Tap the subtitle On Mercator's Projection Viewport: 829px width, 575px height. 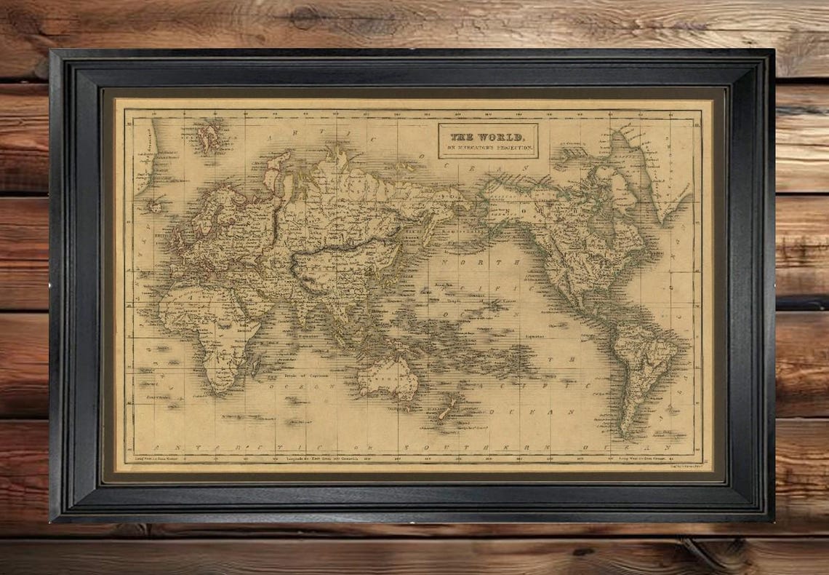[488, 148]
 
